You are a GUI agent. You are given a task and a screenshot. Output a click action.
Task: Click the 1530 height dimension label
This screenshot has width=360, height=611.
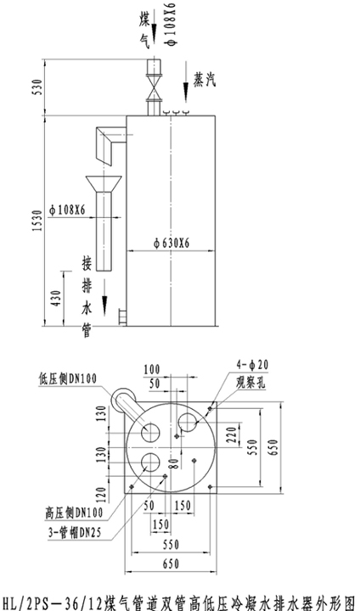point(37,221)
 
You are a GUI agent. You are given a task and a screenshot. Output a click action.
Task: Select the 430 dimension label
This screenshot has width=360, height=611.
point(56,298)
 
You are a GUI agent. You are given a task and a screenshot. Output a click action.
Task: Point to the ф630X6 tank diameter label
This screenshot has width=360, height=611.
point(172,244)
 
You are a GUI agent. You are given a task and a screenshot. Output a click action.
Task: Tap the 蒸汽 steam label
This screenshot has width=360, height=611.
point(205,80)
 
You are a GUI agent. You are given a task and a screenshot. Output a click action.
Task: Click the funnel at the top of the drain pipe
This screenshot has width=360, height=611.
point(104,183)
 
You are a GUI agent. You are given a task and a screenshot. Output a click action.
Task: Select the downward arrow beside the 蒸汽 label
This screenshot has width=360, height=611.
point(186,81)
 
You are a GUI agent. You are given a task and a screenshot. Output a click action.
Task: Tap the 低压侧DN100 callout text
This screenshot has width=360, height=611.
point(67,378)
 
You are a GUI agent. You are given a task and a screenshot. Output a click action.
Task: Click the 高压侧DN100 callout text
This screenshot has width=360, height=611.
point(74,513)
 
